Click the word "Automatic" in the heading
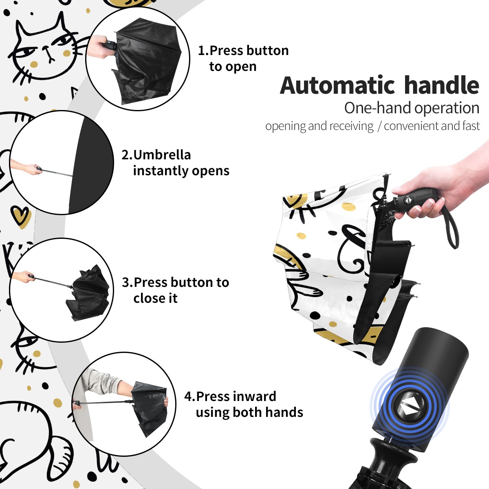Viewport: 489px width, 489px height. [337, 85]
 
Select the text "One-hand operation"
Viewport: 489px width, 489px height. [412, 108]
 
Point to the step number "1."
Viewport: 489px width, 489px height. [203, 50]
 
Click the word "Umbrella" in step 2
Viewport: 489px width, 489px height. [162, 155]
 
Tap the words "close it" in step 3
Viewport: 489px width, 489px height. [155, 298]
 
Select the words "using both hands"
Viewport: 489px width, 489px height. [249, 413]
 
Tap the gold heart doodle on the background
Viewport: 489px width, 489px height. [21, 216]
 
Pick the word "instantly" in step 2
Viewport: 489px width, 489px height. [161, 171]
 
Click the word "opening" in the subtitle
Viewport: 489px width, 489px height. [285, 126]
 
